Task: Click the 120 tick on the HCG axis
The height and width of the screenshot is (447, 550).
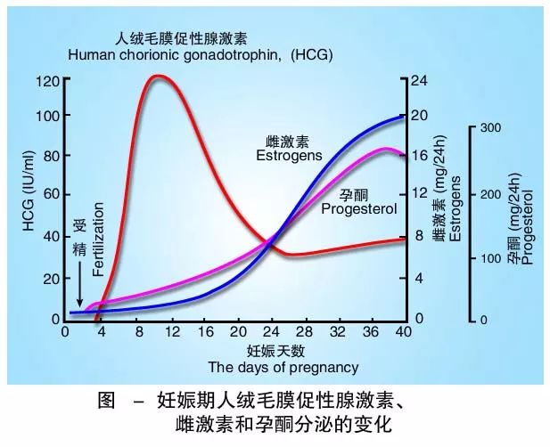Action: click(x=47, y=80)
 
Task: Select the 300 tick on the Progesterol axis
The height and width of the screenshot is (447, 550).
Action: click(x=490, y=127)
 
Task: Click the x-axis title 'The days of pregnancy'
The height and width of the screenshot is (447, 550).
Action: click(x=283, y=367)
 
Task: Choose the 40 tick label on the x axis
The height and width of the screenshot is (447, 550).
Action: click(x=402, y=333)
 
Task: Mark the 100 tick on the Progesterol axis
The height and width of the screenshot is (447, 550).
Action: click(x=490, y=258)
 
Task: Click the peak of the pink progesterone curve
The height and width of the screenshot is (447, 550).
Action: click(x=385, y=149)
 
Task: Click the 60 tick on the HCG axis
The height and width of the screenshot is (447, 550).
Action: click(x=49, y=194)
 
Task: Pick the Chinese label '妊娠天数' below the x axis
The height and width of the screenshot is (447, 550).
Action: click(x=283, y=350)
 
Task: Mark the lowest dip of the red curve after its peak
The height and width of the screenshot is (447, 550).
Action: click(x=288, y=254)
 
